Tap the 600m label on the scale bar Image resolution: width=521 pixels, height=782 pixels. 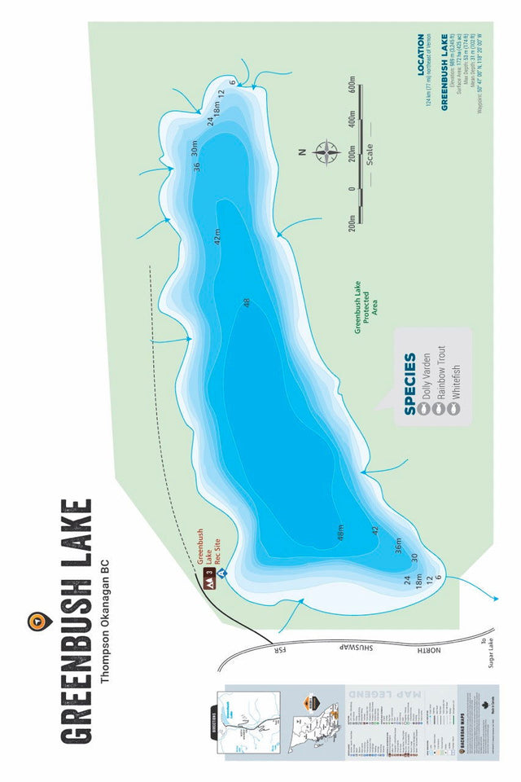click(x=352, y=88)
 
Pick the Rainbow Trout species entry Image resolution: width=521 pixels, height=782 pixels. click(x=440, y=383)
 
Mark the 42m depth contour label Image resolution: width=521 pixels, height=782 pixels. click(x=217, y=238)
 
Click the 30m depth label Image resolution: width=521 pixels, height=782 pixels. click(x=195, y=149)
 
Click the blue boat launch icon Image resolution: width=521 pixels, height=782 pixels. click(x=220, y=573)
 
